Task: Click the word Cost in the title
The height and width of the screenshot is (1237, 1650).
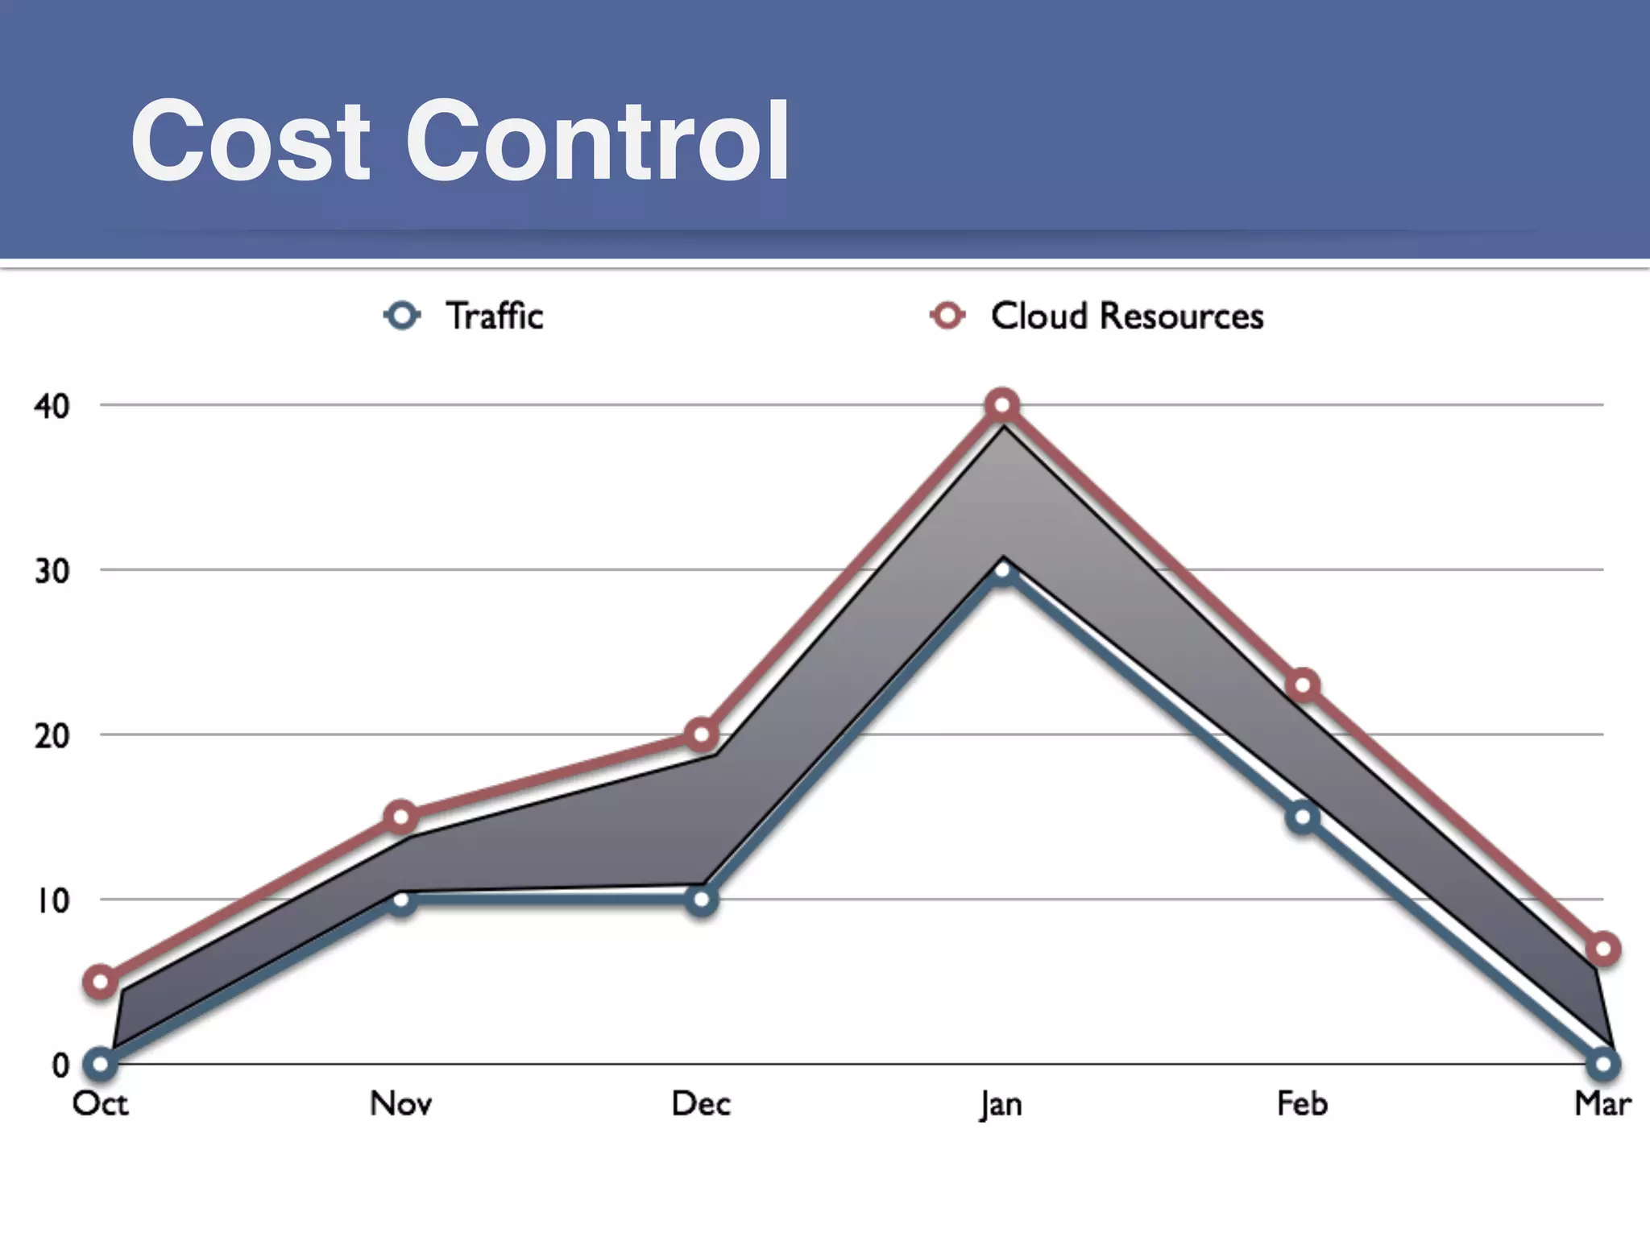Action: pos(251,142)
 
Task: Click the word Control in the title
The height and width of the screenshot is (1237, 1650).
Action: pos(597,142)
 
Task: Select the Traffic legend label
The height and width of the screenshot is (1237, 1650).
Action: pos(495,316)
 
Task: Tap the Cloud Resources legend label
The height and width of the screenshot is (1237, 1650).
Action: pos(1126,316)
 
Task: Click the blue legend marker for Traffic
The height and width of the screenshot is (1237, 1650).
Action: pos(402,315)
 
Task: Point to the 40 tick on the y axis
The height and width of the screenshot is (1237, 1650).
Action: pos(52,406)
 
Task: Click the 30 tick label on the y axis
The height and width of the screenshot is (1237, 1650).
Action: pos(52,571)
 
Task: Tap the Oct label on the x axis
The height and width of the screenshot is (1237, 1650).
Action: pos(100,1103)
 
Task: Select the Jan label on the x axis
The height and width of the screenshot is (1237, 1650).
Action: pos(1001,1104)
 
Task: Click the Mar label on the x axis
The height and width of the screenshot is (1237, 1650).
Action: pos(1602,1103)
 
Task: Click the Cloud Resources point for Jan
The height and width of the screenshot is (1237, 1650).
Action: pos(1002,405)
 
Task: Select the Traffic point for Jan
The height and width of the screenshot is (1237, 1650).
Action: pos(1002,571)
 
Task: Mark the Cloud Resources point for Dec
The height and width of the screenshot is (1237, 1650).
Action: pos(702,734)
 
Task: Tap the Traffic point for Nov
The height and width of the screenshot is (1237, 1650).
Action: pos(400,900)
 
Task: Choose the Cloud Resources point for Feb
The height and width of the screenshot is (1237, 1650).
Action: pos(1304,685)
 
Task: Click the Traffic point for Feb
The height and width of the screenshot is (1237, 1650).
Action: pos(1303,818)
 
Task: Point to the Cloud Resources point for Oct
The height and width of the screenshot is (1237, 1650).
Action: pos(101,982)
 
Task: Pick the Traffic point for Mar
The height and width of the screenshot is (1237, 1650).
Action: pos(1602,1064)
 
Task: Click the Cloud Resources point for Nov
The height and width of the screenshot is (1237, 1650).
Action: pos(400,817)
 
